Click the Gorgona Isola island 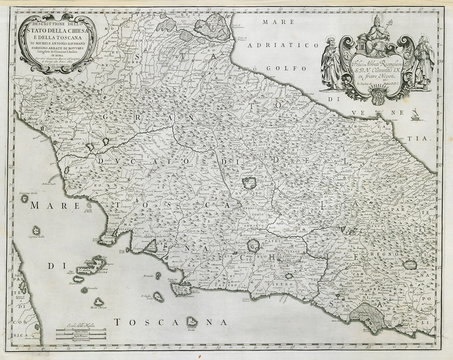click(x=25, y=199)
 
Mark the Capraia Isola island click(x=36, y=230)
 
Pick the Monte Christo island click(x=98, y=302)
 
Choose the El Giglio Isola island click(x=159, y=296)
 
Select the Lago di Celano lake click(x=410, y=265)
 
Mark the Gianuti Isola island click(x=191, y=321)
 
